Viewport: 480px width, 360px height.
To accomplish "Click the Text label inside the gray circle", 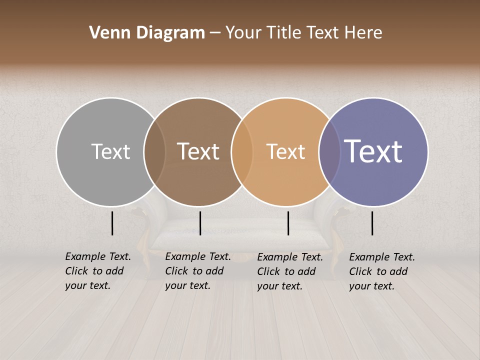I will pos(110,151).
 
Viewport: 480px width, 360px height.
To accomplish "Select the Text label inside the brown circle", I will pos(198,151).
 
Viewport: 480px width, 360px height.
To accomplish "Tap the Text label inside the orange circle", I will pos(285,151).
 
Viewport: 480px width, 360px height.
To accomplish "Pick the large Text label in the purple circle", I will pos(373,151).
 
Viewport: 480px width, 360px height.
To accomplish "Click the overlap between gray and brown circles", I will pos(154,151).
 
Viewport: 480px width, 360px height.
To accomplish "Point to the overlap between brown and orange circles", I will pos(242,151).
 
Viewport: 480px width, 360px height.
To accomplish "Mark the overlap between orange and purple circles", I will pos(329,151).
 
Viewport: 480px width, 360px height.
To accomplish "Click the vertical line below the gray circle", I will pos(112,223).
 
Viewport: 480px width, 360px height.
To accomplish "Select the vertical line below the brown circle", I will pos(200,223).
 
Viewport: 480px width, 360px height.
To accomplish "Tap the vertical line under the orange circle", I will pos(288,223).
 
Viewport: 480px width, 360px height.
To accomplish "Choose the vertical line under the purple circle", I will pos(372,223).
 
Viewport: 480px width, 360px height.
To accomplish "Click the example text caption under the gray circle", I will pos(98,271).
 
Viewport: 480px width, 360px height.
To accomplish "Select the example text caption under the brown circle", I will pos(198,271).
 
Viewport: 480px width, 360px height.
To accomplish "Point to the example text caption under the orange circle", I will pos(290,271).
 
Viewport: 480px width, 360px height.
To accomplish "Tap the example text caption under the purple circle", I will pos(382,271).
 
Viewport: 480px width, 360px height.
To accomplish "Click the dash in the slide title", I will pos(215,33).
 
